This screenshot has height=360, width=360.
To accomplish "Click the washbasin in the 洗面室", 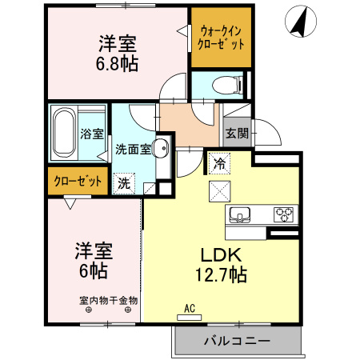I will (161, 147).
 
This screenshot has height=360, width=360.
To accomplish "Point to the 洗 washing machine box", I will (123, 182).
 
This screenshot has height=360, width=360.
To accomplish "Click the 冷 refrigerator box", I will (218, 164).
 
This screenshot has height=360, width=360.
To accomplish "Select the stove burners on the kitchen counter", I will (283, 214).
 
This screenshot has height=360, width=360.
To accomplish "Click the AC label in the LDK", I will (190, 307).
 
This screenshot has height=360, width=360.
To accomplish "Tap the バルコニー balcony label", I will (237, 342).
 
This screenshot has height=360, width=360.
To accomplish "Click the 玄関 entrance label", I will (235, 134).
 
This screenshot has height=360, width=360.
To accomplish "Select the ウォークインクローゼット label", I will (221, 38).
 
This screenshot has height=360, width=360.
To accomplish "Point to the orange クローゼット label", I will (78, 181).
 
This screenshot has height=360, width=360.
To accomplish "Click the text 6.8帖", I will (118, 63).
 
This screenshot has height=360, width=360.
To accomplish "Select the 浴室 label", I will (91, 134).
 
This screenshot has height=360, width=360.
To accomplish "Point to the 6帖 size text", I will (93, 271).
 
